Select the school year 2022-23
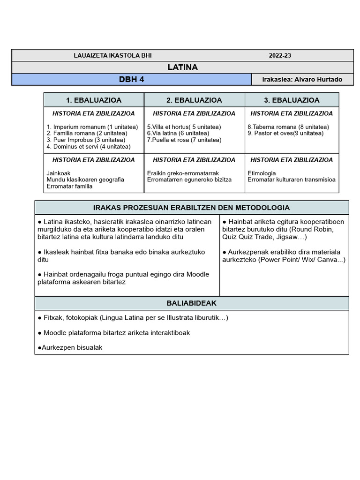pos(280,55)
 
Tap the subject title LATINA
pos(182,67)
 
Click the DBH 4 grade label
pos(131,79)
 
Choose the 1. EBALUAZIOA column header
pos(94,100)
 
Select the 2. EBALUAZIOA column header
pos(194,100)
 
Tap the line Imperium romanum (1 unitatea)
pos(92,127)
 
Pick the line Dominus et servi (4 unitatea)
pos(89,147)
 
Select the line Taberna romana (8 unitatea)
pos(288,127)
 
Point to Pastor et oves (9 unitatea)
pos(285,134)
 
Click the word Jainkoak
pos(59,173)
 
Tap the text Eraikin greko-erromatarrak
pos(183,173)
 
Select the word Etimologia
pos(262,173)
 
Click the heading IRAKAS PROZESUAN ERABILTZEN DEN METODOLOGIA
pos(191,208)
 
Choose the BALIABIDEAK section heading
pos(191,303)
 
